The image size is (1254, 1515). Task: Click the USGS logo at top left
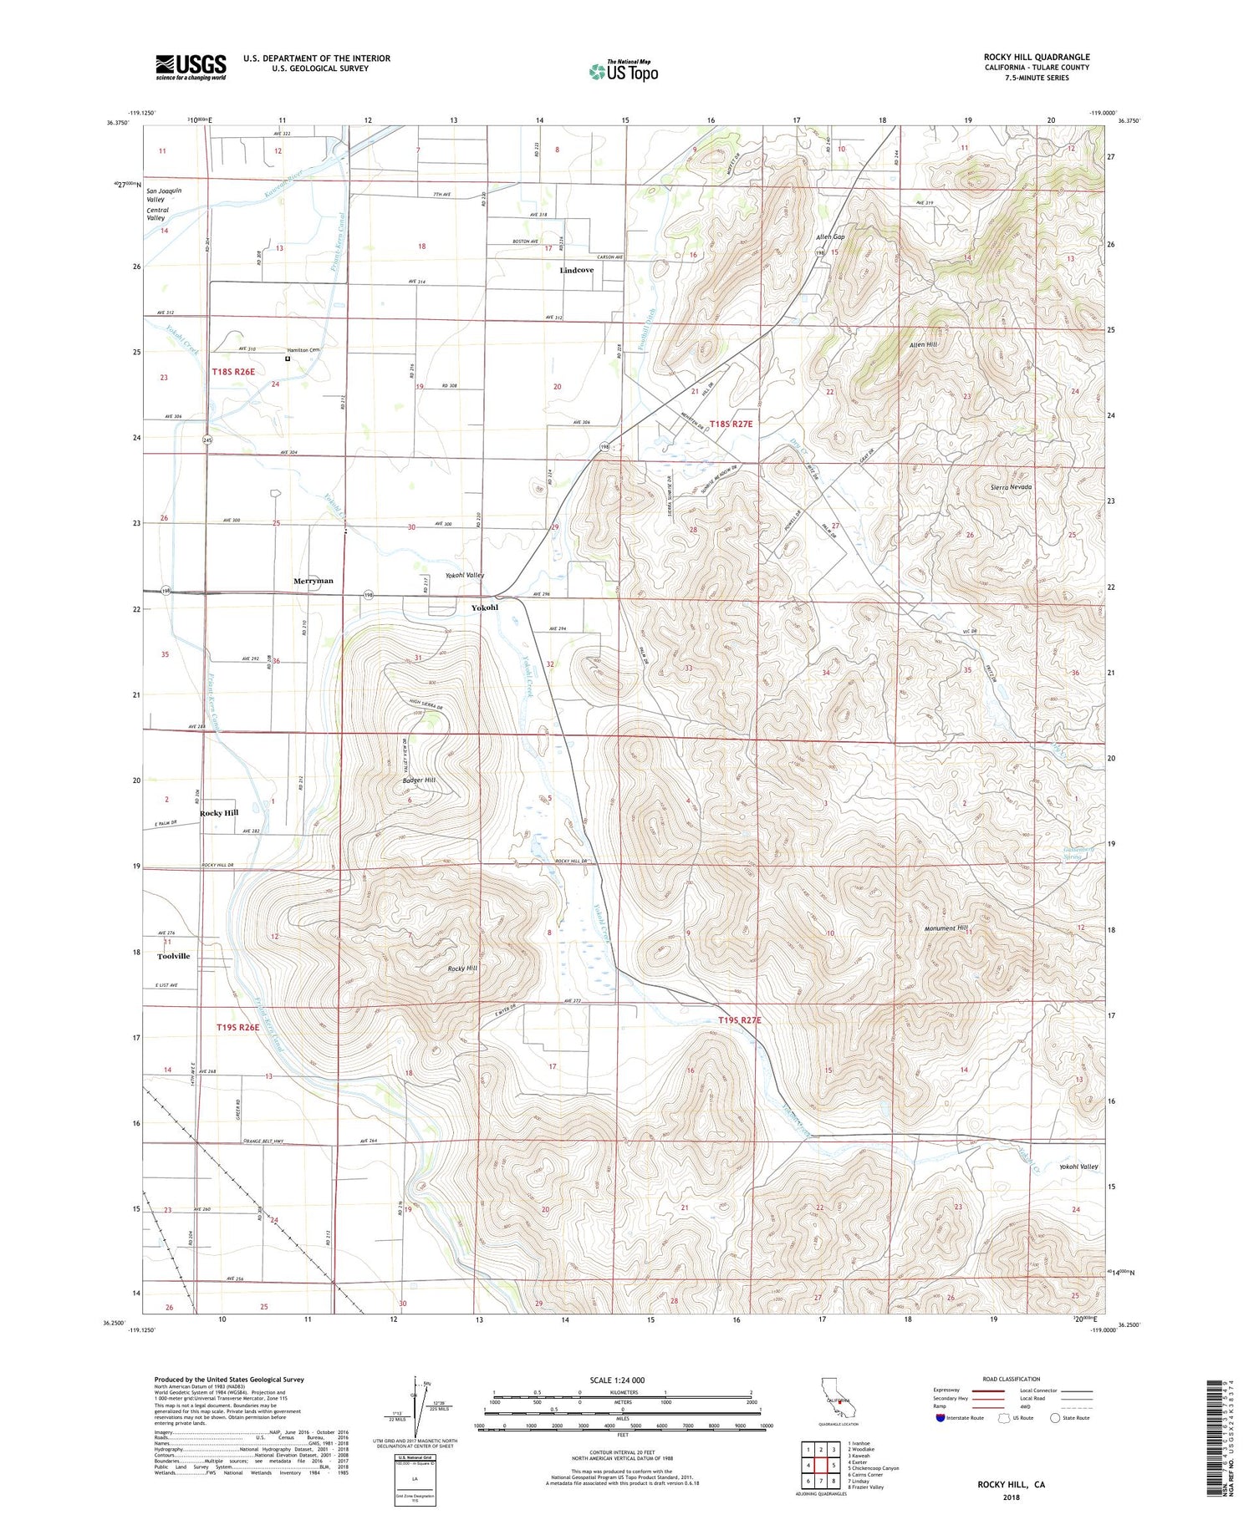click(x=191, y=67)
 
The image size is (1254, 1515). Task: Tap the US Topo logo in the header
click(x=623, y=72)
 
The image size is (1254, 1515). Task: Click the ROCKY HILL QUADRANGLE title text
click(x=1037, y=58)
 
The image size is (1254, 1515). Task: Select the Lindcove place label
click(x=576, y=271)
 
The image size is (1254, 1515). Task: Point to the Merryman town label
click(x=313, y=581)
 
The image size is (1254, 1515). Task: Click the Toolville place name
click(x=174, y=956)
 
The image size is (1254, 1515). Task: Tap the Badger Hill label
click(x=418, y=780)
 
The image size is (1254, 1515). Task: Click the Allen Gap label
click(x=830, y=237)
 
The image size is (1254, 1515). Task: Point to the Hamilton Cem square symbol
click(x=288, y=358)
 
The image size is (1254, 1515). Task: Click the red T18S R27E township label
click(x=731, y=425)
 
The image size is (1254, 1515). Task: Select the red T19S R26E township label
click(x=238, y=1027)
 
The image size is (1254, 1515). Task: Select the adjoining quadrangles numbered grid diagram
click(x=821, y=1465)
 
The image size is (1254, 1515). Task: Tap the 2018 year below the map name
click(x=1011, y=1497)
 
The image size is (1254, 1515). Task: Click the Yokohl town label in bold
click(x=484, y=608)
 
